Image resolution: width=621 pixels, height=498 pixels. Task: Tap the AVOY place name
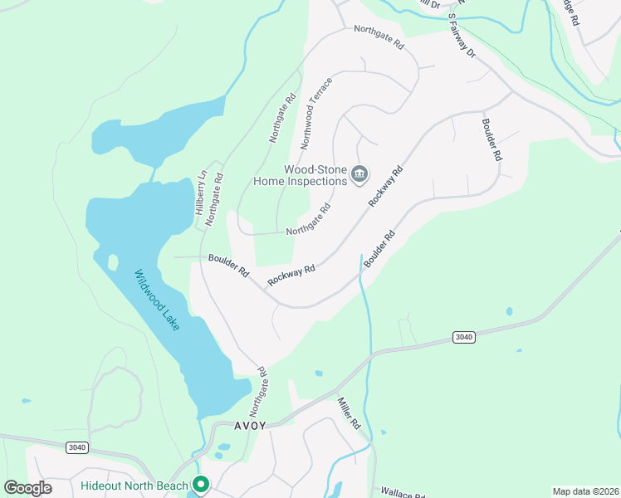[x=251, y=426]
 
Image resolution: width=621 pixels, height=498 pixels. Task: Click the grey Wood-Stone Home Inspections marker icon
[x=360, y=173]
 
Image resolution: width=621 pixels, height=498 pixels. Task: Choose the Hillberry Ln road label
[x=199, y=193]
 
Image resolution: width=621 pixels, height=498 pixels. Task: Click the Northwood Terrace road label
[x=316, y=114]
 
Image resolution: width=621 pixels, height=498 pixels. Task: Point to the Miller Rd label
[x=349, y=413]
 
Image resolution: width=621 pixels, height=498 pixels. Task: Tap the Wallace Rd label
[x=403, y=493]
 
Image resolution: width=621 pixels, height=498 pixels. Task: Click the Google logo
[x=28, y=488]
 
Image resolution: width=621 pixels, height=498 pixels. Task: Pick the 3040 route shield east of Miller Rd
[x=464, y=336]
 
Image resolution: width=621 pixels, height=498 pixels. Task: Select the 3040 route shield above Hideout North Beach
[x=76, y=447]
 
